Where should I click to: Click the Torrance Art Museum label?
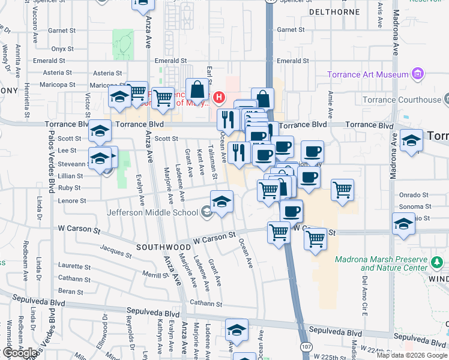(x=368, y=74)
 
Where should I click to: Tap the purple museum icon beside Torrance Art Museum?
(x=418, y=75)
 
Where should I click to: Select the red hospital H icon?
(x=219, y=97)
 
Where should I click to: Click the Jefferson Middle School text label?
(x=152, y=212)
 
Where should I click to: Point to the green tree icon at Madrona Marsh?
(x=438, y=262)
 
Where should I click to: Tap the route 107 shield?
(x=307, y=347)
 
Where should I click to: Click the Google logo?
(x=19, y=352)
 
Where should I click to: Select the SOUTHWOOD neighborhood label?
(x=163, y=247)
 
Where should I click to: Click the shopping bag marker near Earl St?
(x=197, y=91)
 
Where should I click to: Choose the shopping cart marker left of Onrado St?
(x=342, y=190)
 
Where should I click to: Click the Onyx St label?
(x=62, y=49)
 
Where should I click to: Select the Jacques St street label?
(x=115, y=250)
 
